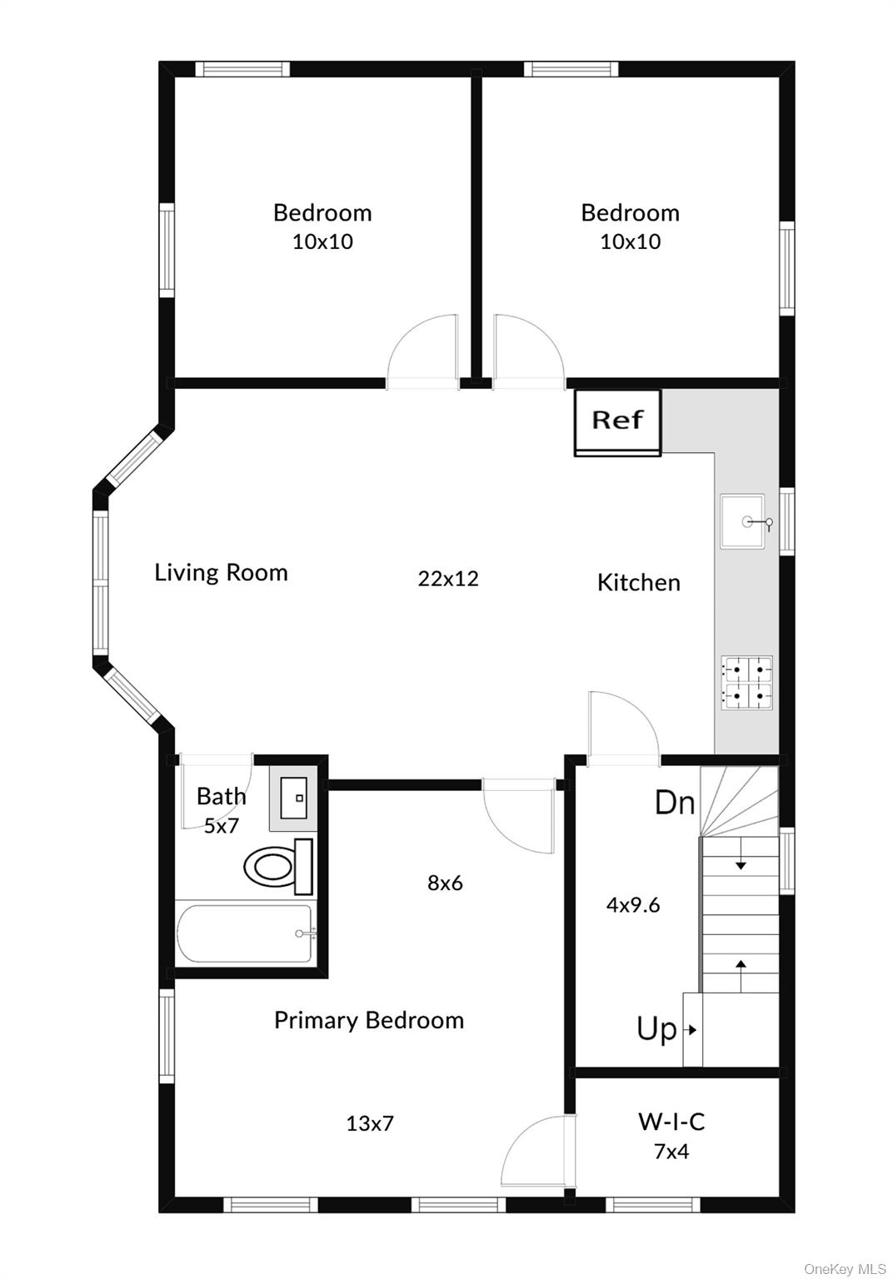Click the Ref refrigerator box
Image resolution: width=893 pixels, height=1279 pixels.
617,421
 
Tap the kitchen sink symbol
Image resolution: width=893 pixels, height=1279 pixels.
742,522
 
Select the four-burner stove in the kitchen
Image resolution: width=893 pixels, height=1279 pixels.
746,683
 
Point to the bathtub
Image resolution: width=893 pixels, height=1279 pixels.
246,934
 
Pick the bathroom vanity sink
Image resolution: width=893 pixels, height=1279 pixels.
292,798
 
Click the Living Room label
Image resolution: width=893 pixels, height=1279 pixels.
221,573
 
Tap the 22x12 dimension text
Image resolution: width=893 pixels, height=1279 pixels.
448,579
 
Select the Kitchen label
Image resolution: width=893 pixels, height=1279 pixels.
638,583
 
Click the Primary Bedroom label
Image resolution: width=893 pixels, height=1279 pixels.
368,1020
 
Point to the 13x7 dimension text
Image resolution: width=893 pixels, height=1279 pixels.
370,1124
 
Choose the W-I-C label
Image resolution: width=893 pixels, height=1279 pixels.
671,1122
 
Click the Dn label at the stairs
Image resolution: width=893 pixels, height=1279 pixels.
674,803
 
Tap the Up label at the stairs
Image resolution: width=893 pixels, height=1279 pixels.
656,1029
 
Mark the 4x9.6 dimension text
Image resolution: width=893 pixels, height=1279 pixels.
633,905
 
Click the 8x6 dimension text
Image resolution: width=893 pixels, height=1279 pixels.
445,883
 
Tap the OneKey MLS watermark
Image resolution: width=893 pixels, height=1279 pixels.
844,1269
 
